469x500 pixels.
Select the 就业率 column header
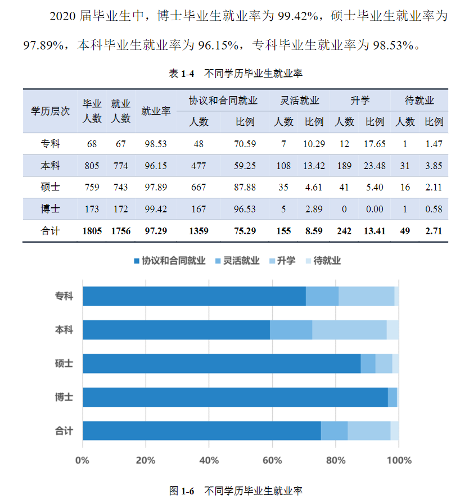pos(156,111)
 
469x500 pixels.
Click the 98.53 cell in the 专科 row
pos(156,144)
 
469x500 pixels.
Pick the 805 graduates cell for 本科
pos(92,166)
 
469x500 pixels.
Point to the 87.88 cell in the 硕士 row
pos(245,187)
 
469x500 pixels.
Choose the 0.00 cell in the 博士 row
pos(374,209)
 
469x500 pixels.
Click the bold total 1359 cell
pos(199,230)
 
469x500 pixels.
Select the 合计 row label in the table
pos(51,230)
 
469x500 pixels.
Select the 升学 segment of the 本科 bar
pos(349,330)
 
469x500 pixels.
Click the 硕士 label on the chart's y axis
pos(64,363)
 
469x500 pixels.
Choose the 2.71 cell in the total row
pos(434,230)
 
